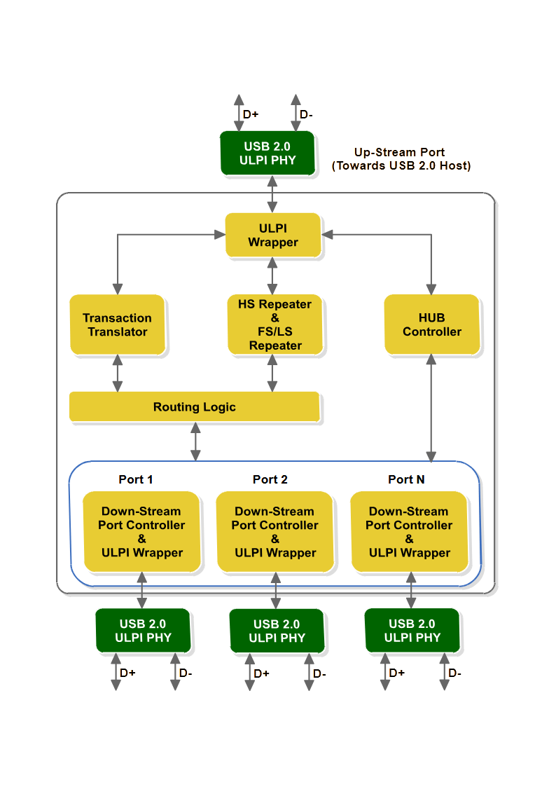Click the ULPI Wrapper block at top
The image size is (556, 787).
point(272,235)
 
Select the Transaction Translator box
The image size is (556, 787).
point(118,324)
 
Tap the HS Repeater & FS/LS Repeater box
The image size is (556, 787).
point(275,324)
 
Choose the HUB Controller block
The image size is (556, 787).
point(432,324)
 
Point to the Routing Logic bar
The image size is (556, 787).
point(195,407)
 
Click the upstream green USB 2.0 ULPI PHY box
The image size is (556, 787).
point(267,153)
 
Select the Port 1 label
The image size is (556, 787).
point(136,479)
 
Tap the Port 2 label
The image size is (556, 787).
point(270,479)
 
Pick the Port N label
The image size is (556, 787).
point(406,479)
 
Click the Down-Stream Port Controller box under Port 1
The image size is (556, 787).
point(142,532)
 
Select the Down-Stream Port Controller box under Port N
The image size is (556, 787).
point(410,532)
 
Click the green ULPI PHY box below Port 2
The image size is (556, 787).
point(277,631)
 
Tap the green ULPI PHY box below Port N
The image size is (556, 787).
point(412,631)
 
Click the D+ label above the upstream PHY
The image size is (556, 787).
point(251,115)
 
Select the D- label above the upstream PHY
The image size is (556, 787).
point(306,115)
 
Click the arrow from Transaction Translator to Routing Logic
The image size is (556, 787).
point(118,373)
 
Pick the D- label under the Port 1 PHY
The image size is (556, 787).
point(186,673)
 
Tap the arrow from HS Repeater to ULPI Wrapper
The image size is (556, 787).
point(272,275)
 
